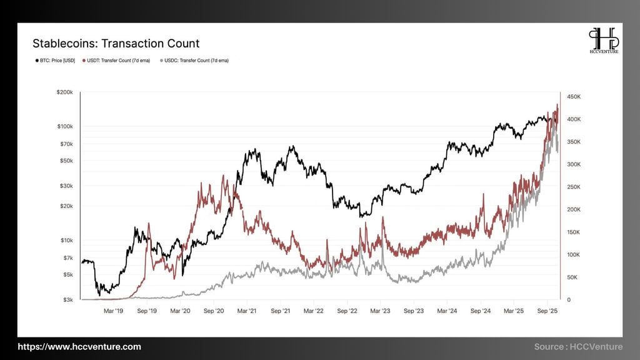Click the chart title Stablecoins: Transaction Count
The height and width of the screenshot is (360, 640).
click(116, 43)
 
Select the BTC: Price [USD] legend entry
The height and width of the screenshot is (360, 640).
click(54, 61)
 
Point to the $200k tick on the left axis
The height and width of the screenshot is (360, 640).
click(65, 92)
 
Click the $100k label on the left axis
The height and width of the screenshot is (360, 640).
click(65, 126)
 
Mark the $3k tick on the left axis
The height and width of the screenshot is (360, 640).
click(67, 300)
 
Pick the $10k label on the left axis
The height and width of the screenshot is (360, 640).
click(66, 241)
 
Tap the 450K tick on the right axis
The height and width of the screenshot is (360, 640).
click(573, 97)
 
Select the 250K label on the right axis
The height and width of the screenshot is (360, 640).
click(573, 187)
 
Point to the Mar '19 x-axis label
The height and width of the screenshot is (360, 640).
click(112, 310)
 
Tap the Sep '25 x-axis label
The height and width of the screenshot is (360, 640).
click(548, 310)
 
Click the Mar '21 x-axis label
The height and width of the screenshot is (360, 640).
click(247, 310)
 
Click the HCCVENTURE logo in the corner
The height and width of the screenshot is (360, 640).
click(604, 41)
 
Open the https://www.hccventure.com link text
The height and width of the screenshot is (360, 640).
click(79, 347)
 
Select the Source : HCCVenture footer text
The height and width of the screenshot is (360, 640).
click(578, 347)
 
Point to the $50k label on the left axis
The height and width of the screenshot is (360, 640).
click(66, 161)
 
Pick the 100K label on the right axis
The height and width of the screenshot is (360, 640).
click(573, 255)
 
